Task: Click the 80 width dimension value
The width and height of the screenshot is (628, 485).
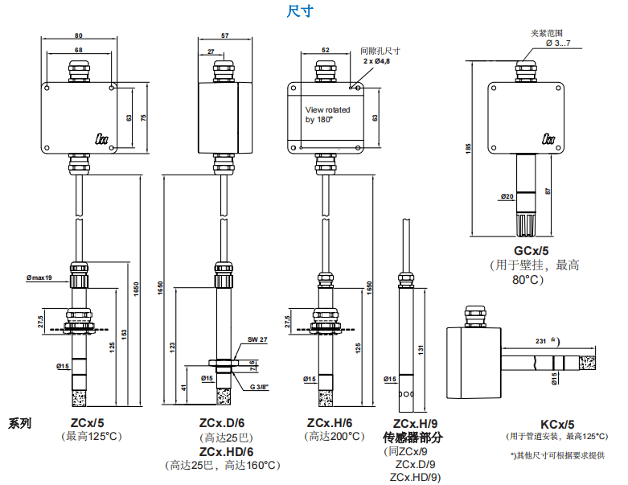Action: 79,36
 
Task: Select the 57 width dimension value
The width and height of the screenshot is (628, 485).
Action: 224,36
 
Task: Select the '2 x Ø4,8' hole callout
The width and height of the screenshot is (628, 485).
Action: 376,61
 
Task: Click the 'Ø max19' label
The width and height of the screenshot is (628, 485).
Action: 38,278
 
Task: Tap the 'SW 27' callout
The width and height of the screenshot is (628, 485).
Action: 257,339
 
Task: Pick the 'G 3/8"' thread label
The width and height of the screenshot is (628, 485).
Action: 260,387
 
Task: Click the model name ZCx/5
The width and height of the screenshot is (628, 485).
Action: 87,422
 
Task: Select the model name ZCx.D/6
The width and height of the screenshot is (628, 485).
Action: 222,422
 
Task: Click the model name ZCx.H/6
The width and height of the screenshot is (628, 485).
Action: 330,422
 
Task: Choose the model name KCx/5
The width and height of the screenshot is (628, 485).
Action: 556,424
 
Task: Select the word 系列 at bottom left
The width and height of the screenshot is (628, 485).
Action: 21,423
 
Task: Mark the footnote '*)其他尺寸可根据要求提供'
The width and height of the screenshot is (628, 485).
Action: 557,455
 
